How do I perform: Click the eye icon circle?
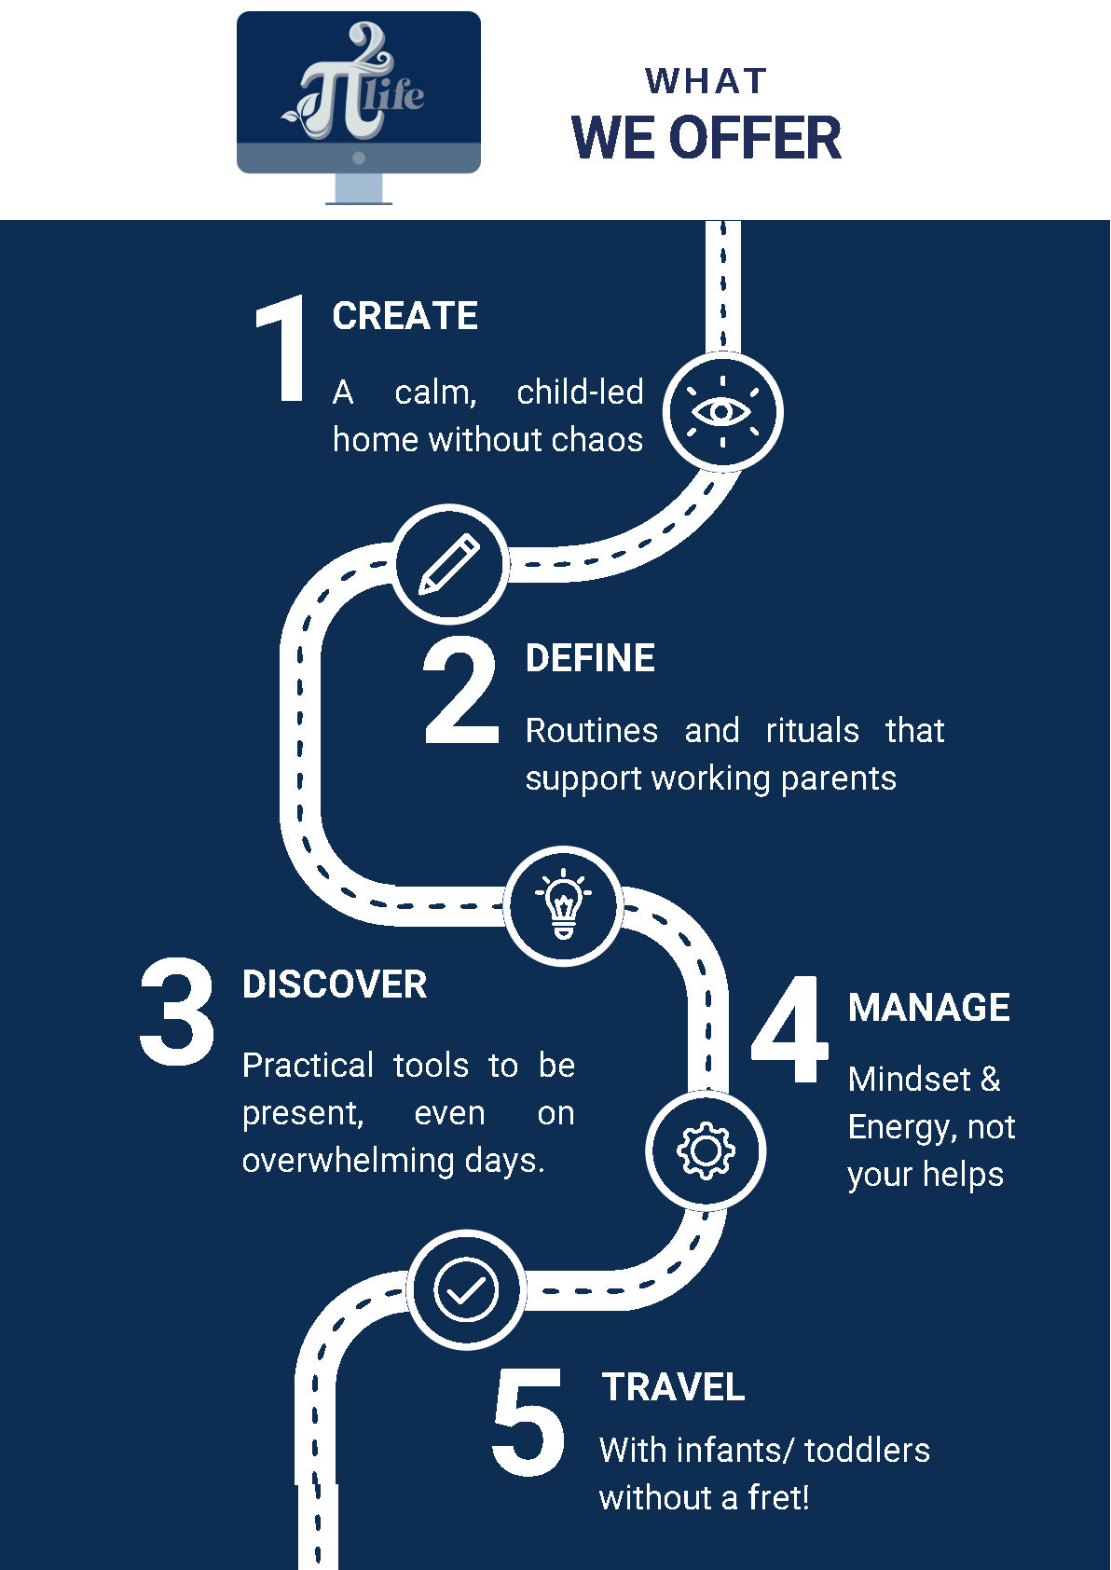pyautogui.click(x=722, y=411)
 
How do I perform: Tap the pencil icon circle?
pyautogui.click(x=449, y=564)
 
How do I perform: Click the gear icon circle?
pyautogui.click(x=706, y=1151)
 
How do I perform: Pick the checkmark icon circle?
pyautogui.click(x=466, y=1290)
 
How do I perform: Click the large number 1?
pyautogui.click(x=282, y=350)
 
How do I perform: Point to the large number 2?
pyautogui.click(x=460, y=692)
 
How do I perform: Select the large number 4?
pyautogui.click(x=790, y=1030)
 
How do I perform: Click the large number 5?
pyautogui.click(x=528, y=1423)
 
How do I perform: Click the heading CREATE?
pyautogui.click(x=405, y=316)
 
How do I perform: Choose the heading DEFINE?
pyautogui.click(x=590, y=658)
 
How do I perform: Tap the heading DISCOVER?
pyautogui.click(x=335, y=985)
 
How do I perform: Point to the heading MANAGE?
pyautogui.click(x=929, y=1008)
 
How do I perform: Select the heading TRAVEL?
pyautogui.click(x=673, y=1387)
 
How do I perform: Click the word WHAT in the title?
pyautogui.click(x=706, y=82)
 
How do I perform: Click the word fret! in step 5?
pyautogui.click(x=778, y=1497)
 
